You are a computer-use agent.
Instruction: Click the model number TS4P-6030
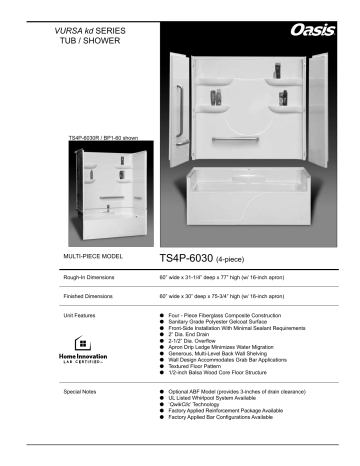[187, 255]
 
